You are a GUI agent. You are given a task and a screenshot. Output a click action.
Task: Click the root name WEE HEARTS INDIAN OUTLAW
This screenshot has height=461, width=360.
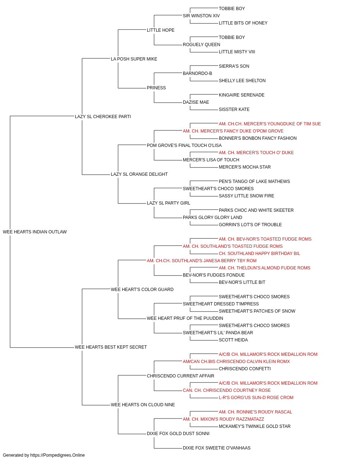[x=35, y=232]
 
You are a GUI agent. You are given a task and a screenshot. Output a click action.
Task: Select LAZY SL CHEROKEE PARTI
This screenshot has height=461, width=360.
[x=103, y=117]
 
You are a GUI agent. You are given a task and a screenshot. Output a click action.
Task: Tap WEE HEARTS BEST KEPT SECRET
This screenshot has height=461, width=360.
[x=111, y=347]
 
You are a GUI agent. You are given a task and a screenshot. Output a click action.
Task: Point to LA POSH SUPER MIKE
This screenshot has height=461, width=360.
[x=134, y=59]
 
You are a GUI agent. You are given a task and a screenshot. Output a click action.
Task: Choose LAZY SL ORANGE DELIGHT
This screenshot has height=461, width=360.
[x=139, y=174]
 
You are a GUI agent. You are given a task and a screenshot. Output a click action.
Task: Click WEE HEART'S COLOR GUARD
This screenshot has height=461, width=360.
[x=142, y=289]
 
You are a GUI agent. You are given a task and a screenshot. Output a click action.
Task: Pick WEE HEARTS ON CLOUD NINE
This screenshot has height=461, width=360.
[x=143, y=404]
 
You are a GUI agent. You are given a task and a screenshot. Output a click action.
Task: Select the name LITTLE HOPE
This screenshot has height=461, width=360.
[x=161, y=30]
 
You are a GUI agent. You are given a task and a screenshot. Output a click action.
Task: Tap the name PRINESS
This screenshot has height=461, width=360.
[x=157, y=88]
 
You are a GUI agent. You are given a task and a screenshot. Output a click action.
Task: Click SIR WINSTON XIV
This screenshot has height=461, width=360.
[x=201, y=16]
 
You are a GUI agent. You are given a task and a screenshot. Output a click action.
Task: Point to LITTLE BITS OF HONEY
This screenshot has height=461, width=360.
[x=243, y=23]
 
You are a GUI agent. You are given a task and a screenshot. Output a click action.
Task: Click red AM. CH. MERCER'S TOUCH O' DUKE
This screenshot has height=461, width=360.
[x=256, y=153]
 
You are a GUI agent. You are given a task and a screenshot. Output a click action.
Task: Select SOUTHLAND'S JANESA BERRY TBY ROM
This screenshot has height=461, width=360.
[x=214, y=260]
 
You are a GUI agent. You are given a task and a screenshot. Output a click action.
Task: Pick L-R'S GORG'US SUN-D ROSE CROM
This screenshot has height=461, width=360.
[x=256, y=397]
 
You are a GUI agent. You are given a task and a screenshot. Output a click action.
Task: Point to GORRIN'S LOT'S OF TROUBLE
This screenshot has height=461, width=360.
[x=251, y=225]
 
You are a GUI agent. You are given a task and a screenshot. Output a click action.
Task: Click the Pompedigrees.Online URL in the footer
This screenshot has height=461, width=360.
[x=58, y=455]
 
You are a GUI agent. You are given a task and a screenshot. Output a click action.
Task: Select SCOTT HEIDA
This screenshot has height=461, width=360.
[x=233, y=340]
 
